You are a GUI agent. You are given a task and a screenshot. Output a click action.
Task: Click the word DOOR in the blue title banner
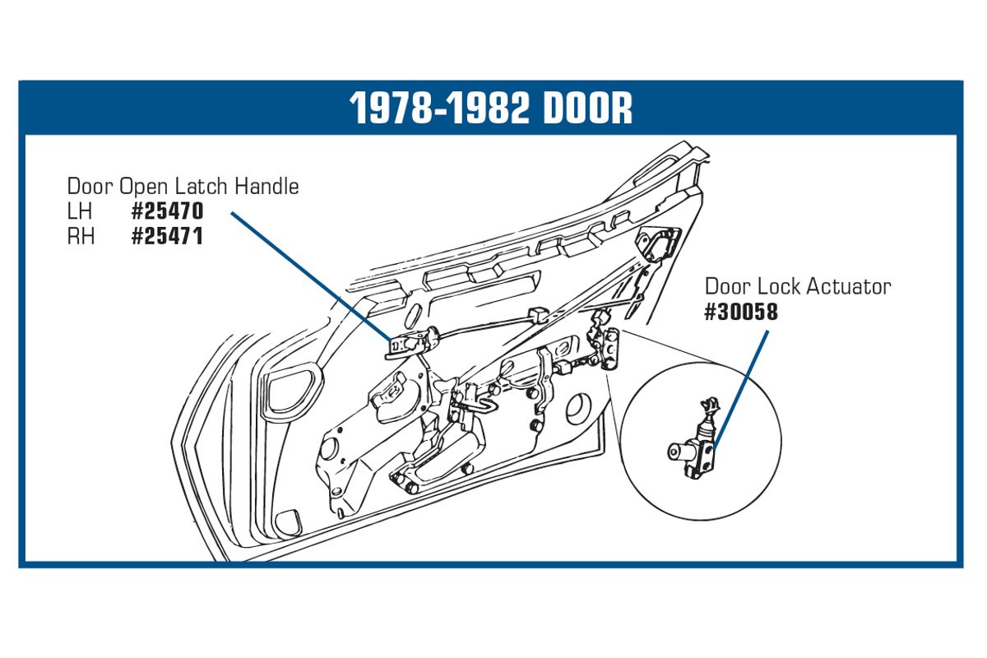point(588,109)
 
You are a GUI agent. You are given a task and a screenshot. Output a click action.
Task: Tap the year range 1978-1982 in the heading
point(439,109)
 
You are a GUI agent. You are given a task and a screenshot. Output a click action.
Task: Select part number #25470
point(168,211)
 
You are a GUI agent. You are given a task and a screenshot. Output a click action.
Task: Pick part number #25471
point(168,236)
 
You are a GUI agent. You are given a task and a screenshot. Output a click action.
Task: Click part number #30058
point(741,312)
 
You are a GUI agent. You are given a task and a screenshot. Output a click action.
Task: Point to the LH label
point(80,211)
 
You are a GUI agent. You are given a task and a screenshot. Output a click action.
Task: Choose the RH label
point(81,236)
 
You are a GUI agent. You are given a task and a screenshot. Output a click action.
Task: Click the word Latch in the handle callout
point(202,186)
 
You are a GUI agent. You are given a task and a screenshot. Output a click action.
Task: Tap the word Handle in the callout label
point(266,186)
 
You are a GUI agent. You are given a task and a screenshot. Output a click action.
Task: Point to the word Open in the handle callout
point(145,187)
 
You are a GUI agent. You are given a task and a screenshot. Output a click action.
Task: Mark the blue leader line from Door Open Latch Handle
point(311,276)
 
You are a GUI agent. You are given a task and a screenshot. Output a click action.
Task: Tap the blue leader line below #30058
point(739,391)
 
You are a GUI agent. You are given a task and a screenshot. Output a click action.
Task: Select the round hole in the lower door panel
point(578,409)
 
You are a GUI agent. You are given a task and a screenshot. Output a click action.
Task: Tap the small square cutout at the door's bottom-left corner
point(287,521)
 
